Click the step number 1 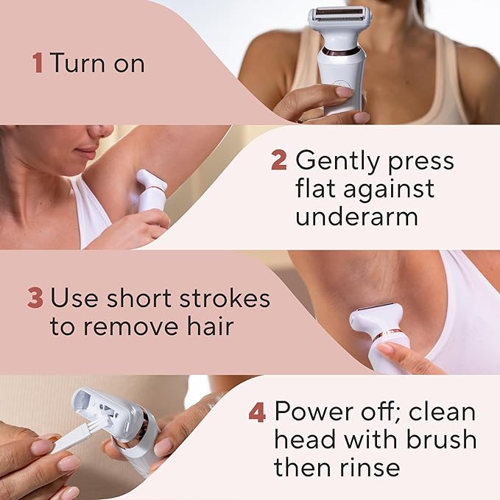(38, 63)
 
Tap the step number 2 (279, 161)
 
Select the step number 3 (35, 299)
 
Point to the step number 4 (257, 412)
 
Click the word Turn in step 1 (77, 63)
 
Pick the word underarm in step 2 (356, 216)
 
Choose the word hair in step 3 (213, 327)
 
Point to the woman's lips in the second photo (87, 154)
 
